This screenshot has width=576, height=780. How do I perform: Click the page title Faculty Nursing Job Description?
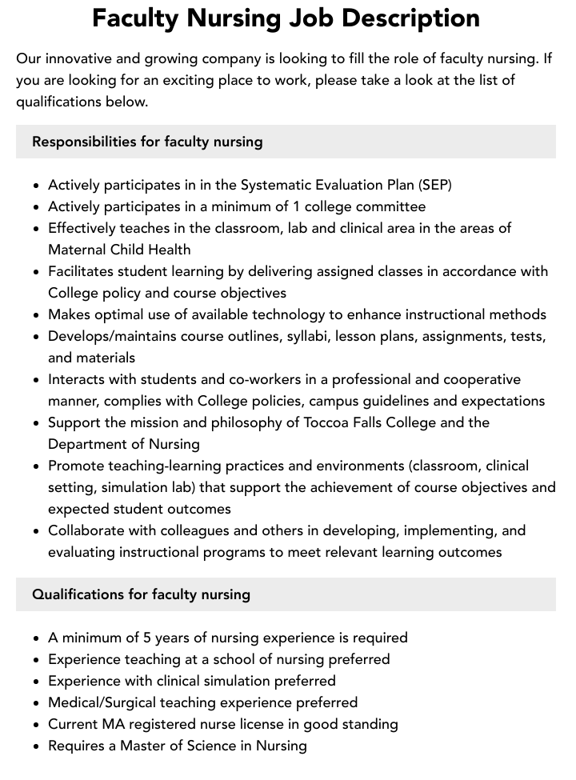[286, 18]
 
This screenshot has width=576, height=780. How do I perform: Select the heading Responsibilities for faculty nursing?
[147, 142]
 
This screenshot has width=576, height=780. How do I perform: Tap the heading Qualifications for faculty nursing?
[141, 594]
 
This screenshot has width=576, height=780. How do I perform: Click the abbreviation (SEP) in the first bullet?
[434, 185]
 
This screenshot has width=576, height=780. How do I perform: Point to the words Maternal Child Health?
[119, 250]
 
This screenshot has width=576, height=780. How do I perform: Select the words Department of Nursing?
[124, 444]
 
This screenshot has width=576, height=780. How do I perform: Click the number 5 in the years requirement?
[147, 638]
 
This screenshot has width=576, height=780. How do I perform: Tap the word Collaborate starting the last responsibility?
[84, 530]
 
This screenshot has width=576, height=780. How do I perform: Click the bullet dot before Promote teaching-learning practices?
[37, 466]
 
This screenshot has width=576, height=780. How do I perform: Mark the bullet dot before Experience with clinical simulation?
[37, 682]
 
